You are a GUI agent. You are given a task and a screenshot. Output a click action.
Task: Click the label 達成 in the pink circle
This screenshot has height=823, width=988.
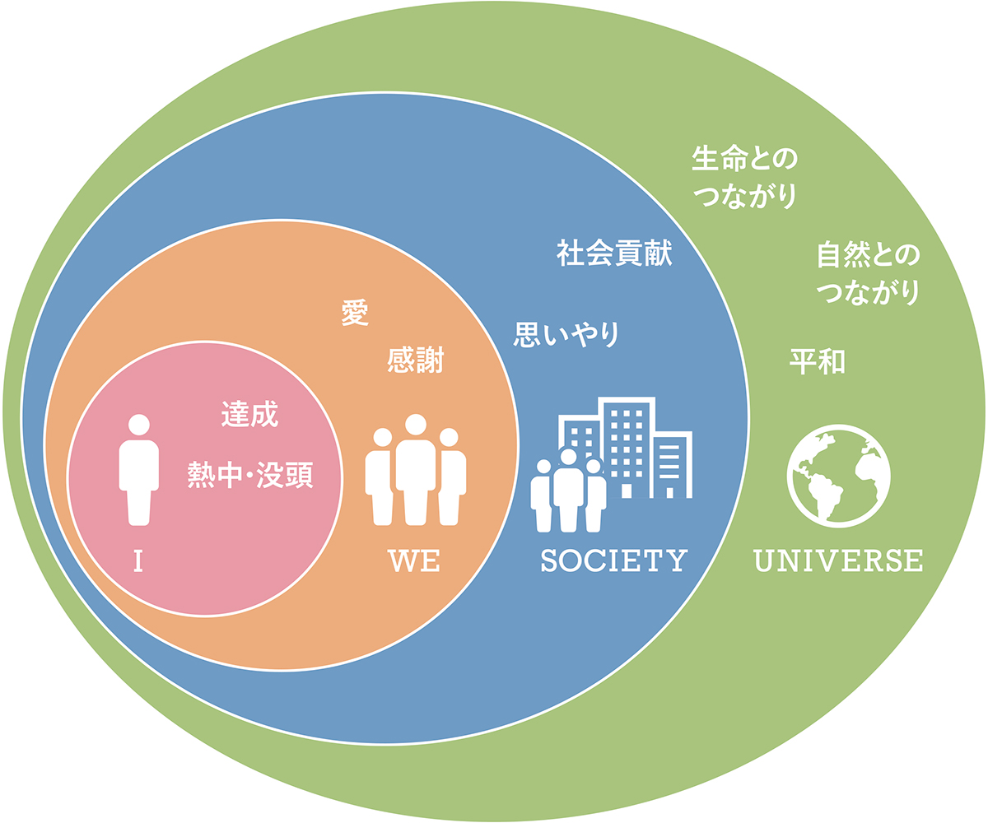249,414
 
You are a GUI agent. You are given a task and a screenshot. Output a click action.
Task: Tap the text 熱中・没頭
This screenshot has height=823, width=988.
250,475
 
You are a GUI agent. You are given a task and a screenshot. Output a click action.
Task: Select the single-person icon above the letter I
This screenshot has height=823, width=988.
138,470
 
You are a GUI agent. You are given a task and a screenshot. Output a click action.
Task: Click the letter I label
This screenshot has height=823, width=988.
138,560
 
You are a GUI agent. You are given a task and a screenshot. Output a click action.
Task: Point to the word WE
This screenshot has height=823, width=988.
414,561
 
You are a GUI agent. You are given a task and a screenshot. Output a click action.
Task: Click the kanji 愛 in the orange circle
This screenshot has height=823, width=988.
355,313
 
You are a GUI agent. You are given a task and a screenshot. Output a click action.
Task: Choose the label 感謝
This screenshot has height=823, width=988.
416,360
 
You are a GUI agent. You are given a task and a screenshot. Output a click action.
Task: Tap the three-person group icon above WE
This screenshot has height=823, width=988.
416,470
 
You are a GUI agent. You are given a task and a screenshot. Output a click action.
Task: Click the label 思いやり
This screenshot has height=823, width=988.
566,334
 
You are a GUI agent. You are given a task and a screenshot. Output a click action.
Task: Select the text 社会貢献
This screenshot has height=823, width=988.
614,253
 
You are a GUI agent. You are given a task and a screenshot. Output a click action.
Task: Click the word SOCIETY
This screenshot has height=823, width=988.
613,560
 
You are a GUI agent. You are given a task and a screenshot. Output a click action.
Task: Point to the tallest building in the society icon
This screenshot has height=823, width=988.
627,447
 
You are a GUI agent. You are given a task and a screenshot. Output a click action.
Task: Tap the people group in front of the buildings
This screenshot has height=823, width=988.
568,491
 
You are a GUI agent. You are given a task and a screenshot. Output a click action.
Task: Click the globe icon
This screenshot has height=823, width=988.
838,476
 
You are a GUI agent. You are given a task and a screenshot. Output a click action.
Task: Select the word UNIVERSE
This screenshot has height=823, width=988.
838,560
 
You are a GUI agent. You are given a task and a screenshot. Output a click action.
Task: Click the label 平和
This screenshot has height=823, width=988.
818,362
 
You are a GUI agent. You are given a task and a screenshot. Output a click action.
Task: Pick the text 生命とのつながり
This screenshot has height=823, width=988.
744,178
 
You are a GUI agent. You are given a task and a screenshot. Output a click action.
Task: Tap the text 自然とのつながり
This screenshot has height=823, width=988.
869,273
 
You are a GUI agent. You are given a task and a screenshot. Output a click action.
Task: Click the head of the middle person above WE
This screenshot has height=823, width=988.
416,425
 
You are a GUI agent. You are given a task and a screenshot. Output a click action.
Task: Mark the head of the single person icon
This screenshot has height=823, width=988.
138,425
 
